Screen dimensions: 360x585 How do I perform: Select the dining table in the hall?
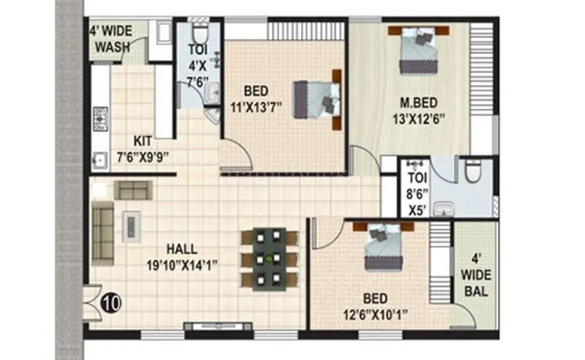269,258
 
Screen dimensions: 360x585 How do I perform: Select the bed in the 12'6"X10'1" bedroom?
382,246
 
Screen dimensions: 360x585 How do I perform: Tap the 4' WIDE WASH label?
110,40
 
